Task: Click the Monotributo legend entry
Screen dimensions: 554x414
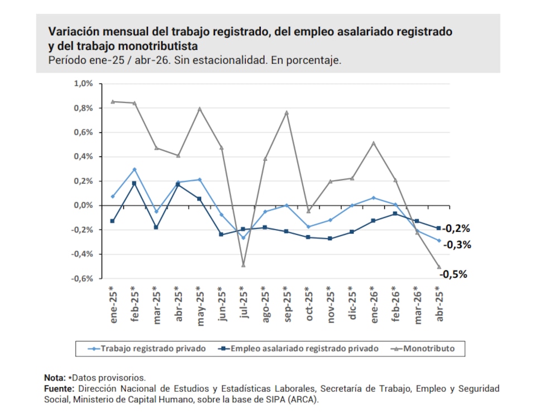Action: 423,349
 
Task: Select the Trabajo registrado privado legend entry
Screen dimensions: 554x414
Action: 147,349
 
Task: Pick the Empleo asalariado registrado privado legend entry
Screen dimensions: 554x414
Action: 298,349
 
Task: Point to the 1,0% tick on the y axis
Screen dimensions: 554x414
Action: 83,84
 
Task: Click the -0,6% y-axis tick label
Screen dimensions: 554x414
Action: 82,279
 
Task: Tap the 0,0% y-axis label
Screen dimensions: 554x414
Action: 83,206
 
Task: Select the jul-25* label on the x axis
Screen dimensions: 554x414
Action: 243,302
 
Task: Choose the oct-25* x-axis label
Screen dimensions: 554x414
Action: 309,303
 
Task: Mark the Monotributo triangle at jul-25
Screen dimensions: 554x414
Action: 243,265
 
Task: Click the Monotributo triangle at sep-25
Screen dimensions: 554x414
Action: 287,113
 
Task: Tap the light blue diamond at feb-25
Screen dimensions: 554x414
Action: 135,169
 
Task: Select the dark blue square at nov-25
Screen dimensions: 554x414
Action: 330,239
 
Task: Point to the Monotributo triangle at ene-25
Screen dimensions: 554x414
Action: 113,102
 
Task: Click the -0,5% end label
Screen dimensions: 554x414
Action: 453,274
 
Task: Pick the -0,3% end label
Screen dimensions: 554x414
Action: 457,245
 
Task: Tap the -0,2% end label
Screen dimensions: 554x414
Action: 456,229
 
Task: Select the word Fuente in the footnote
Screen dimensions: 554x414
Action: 59,388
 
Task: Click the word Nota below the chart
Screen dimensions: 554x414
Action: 55,378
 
